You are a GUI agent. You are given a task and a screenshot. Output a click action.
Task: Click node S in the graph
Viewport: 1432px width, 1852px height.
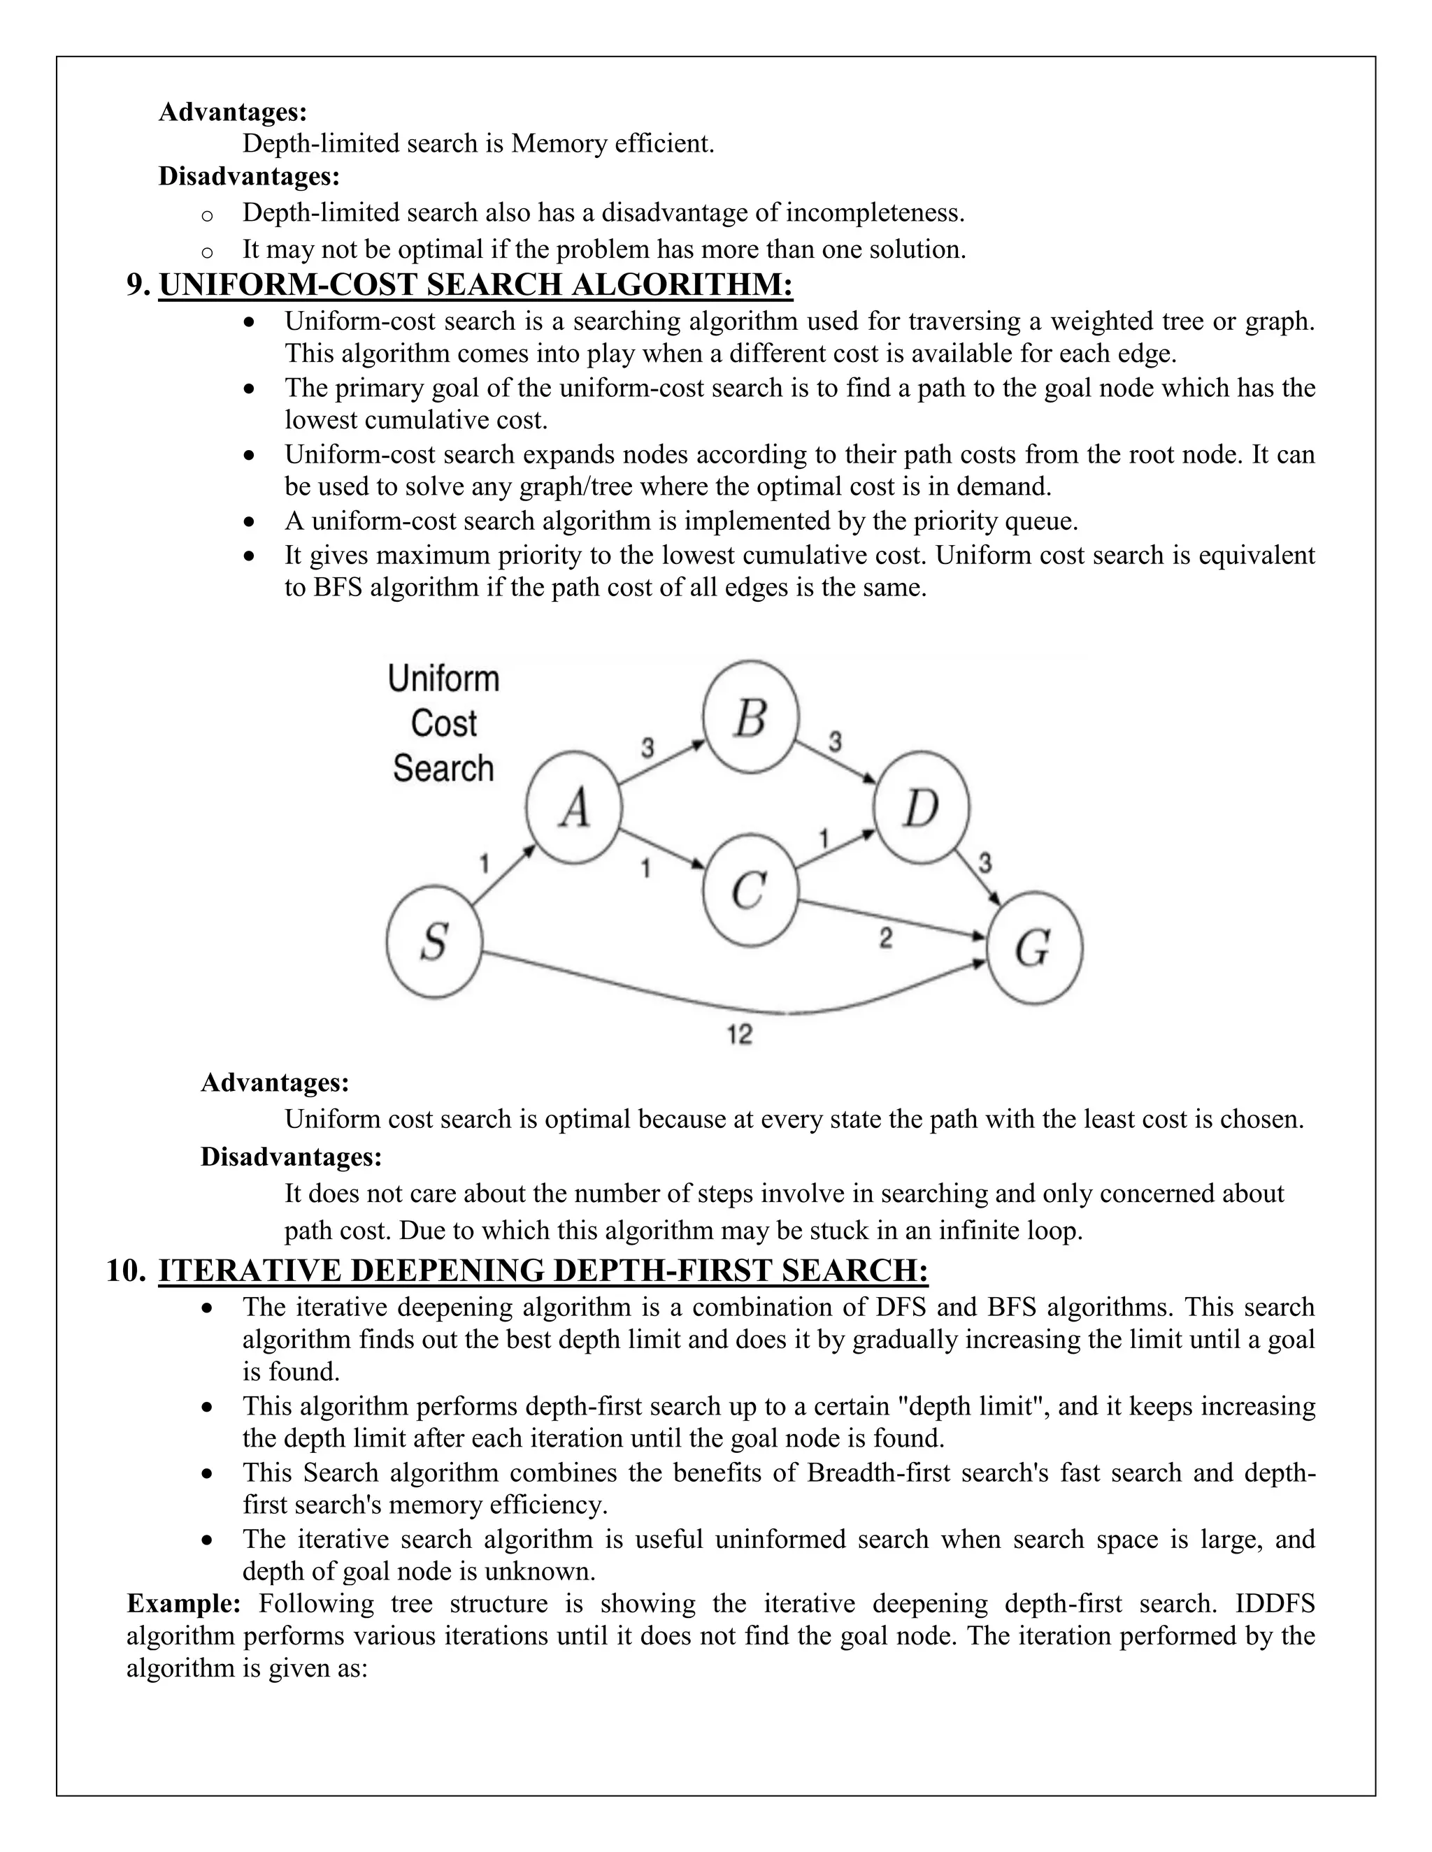pos(434,941)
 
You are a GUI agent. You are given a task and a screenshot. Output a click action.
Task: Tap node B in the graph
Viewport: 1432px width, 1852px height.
pos(751,718)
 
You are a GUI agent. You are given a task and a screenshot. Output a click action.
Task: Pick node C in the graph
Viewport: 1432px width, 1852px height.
pos(751,890)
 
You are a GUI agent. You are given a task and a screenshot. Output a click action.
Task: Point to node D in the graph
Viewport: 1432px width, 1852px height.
pos(922,807)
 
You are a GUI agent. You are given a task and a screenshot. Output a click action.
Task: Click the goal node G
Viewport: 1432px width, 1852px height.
pos(1034,947)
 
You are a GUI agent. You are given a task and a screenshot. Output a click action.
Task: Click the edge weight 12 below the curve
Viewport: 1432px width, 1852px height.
pos(740,1034)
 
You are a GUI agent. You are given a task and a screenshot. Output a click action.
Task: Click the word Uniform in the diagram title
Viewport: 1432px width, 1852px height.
pos(444,679)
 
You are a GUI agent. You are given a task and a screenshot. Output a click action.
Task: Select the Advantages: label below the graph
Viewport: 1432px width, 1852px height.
pos(275,1083)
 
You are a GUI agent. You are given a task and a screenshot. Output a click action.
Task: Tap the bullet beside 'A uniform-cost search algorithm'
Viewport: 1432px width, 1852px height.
pos(248,521)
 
